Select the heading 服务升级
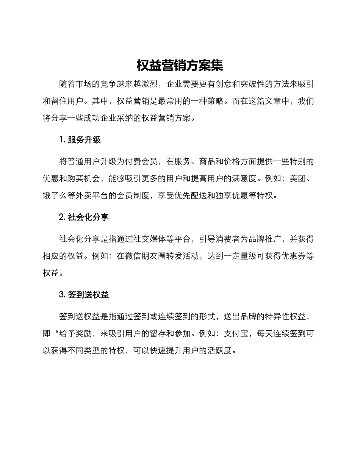pyautogui.click(x=84, y=140)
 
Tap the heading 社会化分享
pyautogui.click(x=88, y=217)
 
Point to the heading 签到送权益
pyautogui.click(x=88, y=295)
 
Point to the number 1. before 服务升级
pyautogui.click(x=63, y=140)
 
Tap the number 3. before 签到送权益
pyautogui.click(x=63, y=295)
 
